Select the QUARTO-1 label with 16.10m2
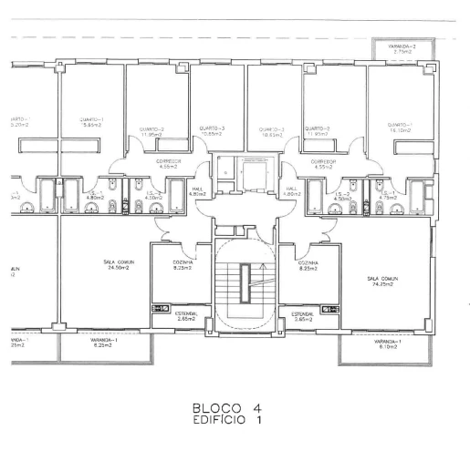point(400,128)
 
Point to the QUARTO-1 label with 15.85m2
point(90,122)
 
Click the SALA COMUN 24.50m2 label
point(117,265)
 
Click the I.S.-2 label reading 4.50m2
point(343,196)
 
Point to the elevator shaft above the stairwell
point(245,171)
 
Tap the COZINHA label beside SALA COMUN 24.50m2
point(180,265)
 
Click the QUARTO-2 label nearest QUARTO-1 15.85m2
point(151,133)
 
